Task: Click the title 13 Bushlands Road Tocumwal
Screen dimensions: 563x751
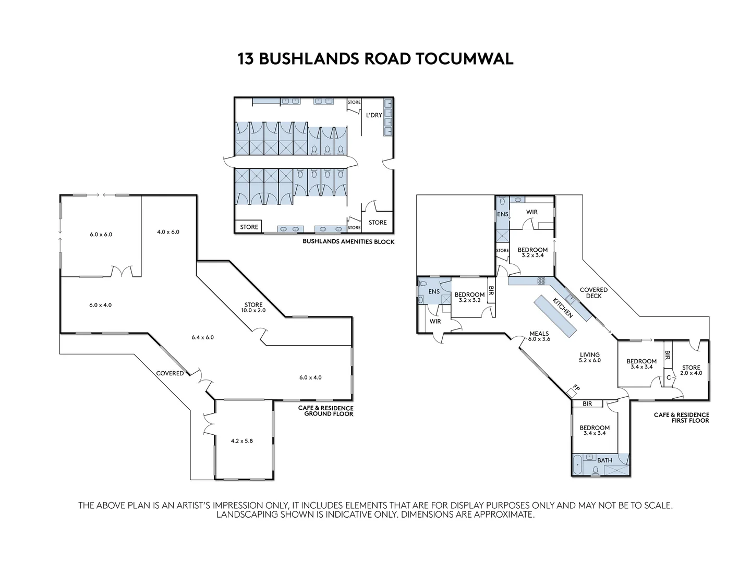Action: click(375, 58)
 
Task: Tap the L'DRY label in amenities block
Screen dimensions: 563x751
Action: click(373, 115)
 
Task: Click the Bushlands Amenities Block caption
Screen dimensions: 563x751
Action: click(348, 242)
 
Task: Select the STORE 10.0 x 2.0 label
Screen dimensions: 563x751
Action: click(253, 308)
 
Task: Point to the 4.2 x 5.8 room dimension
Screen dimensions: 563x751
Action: click(241, 440)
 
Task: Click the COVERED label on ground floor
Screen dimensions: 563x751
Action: click(170, 373)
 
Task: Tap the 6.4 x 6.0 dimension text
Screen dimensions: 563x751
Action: click(203, 337)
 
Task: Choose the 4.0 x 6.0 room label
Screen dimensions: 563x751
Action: click(168, 231)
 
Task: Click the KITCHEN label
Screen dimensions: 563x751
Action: click(563, 308)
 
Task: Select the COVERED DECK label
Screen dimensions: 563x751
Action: click(593, 293)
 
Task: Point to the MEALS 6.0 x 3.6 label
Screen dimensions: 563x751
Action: click(539, 336)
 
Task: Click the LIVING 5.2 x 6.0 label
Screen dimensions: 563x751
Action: click(590, 357)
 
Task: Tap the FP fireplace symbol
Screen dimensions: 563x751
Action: click(576, 388)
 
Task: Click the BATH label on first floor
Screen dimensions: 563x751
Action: click(604, 460)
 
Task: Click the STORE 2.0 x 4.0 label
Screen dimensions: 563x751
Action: click(691, 370)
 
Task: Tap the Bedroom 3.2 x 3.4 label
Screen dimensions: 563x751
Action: click(532, 252)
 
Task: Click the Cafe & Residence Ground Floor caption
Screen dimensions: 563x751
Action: click(325, 411)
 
